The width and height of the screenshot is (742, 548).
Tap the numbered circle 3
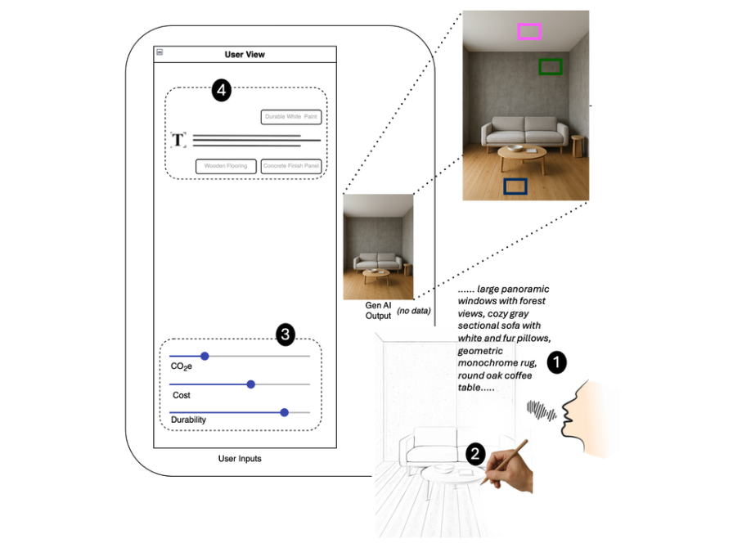click(285, 334)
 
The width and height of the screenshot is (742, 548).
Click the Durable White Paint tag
click(291, 117)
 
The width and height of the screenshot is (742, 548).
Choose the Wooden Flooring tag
click(226, 166)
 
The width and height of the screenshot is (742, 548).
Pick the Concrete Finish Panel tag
click(291, 166)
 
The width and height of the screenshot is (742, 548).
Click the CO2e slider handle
click(205, 356)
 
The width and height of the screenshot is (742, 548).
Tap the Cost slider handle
click(251, 384)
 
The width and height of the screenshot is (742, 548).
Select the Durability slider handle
click(284, 412)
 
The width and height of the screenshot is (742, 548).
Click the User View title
click(245, 55)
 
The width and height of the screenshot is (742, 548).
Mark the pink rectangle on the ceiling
click(529, 32)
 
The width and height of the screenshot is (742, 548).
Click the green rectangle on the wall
click(551, 67)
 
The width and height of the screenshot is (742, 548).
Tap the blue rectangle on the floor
click(515, 186)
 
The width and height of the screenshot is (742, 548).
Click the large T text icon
click(178, 140)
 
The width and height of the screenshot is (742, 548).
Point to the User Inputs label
click(240, 459)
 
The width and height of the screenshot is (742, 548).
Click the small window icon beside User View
click(160, 52)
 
